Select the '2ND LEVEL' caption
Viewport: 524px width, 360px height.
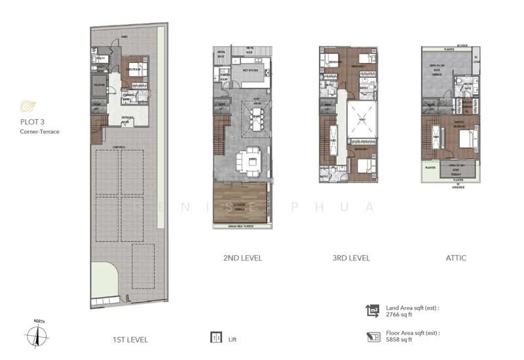point(242,258)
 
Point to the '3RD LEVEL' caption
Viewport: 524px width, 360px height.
point(351,258)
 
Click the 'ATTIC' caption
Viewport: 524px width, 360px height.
point(456,258)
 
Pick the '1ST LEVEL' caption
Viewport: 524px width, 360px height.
point(130,339)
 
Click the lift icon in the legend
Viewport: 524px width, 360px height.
point(215,338)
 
